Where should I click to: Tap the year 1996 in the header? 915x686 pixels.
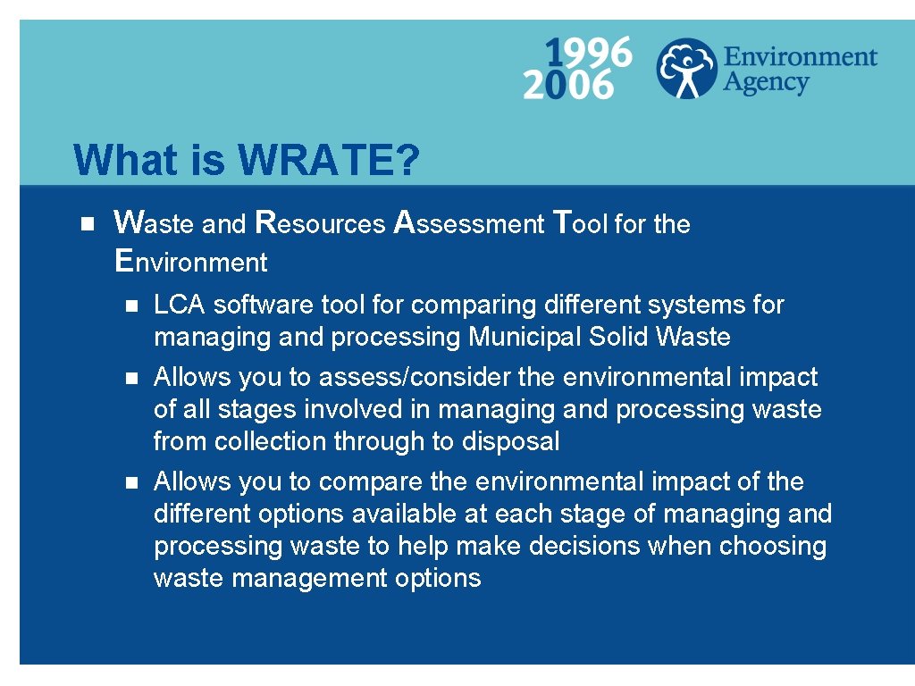588,53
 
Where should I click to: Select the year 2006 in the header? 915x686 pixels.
568,85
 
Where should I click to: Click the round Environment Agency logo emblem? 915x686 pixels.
686,68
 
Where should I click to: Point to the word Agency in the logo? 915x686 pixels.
766,83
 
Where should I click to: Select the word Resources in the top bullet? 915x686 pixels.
320,223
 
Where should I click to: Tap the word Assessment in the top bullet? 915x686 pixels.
469,223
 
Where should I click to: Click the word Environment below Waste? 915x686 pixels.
191,262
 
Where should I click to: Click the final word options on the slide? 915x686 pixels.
437,579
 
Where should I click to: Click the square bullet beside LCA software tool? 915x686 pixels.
130,305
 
